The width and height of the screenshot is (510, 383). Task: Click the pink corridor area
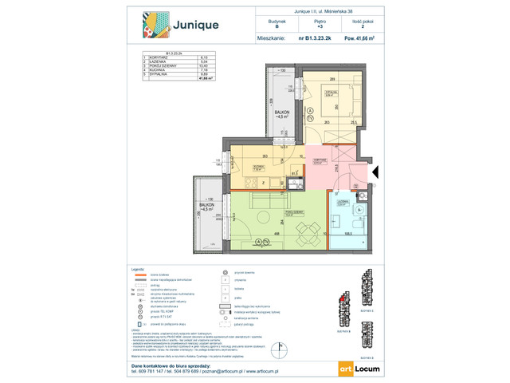(x=343, y=164)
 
